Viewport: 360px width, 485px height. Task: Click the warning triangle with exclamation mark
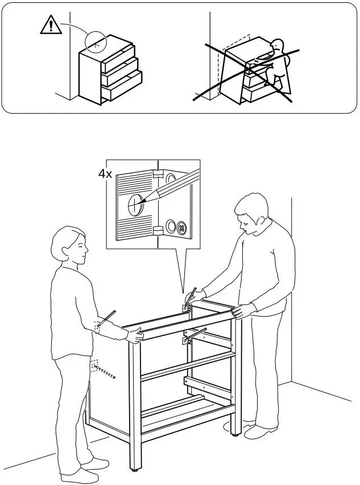pyautogui.click(x=51, y=26)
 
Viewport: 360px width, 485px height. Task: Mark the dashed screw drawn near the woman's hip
pyautogui.click(x=105, y=372)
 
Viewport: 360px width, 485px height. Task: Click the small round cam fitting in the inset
pyautogui.click(x=182, y=229)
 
